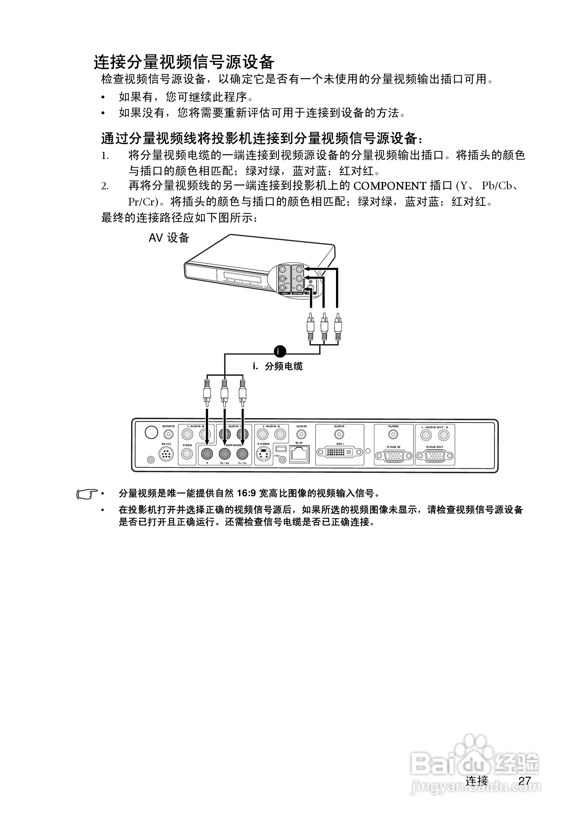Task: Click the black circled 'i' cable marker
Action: [280, 351]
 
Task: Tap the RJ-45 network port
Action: [299, 454]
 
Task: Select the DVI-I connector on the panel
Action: [339, 452]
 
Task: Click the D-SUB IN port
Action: [394, 456]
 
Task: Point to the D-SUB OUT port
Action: [434, 456]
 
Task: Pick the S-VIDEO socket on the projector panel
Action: [263, 455]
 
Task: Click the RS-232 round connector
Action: [166, 455]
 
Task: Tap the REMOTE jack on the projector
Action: [168, 435]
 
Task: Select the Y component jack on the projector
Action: [207, 454]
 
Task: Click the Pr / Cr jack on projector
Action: [242, 454]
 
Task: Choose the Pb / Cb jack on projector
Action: [224, 454]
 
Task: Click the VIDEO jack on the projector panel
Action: [187, 454]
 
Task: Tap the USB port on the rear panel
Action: [281, 448]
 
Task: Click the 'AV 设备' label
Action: [169, 237]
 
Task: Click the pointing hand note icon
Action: [87, 494]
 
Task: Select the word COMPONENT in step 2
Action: [390, 186]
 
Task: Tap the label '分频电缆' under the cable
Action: [284, 366]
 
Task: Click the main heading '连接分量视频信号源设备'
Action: [184, 62]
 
